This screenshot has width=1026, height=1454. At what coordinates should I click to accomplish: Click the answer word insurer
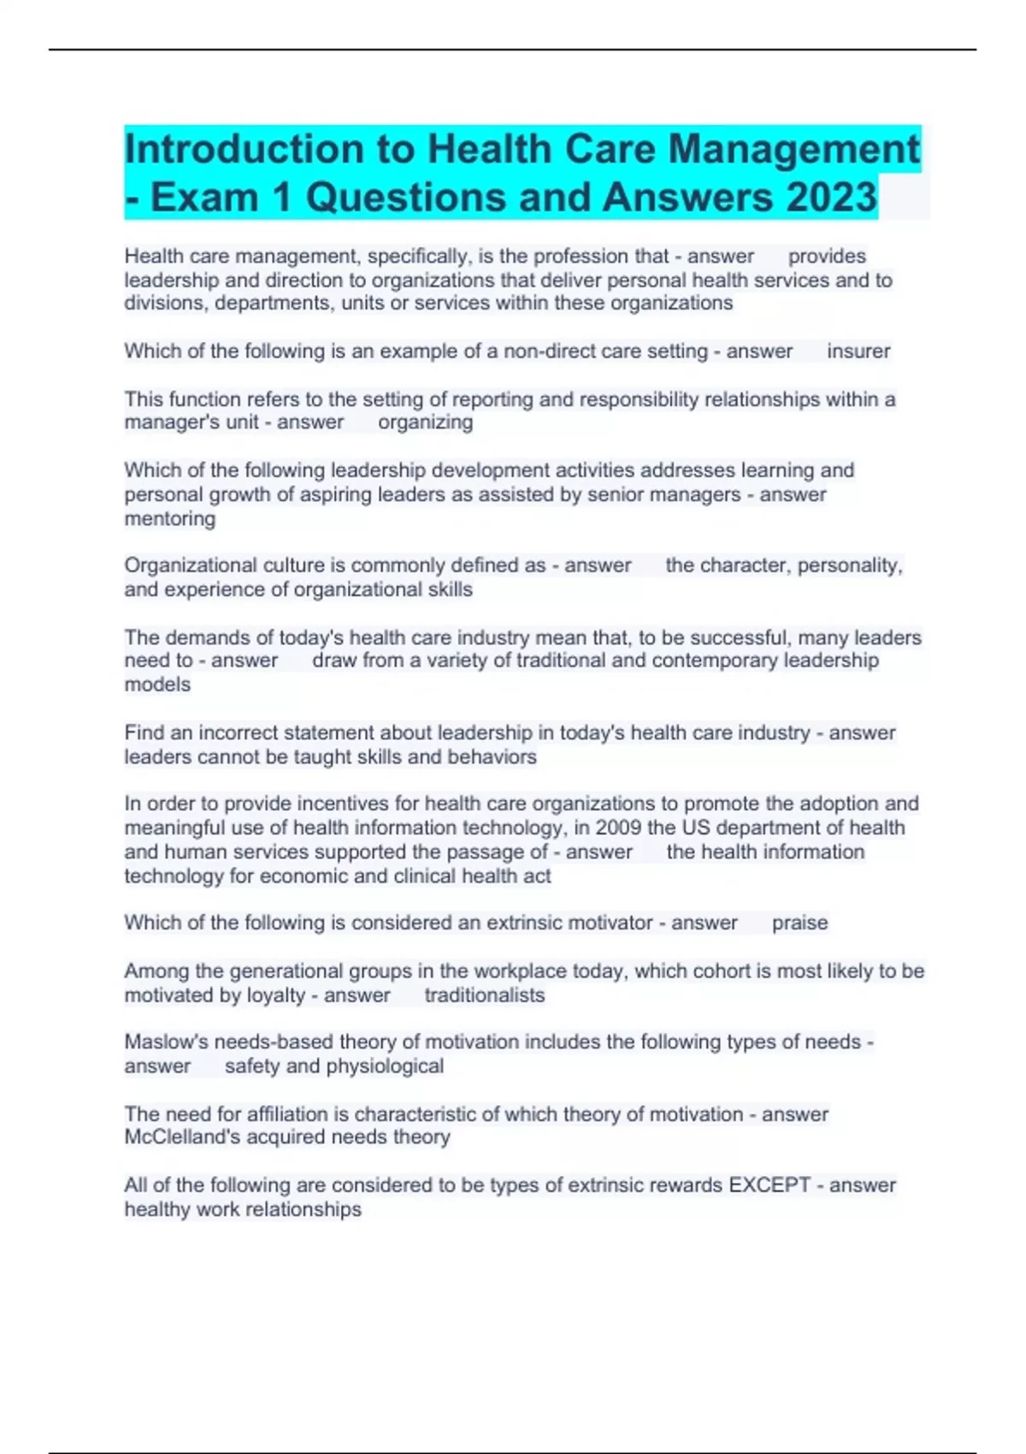[x=858, y=352]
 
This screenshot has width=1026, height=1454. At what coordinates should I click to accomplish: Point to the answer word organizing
[x=425, y=423]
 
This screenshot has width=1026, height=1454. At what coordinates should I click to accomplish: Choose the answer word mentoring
[x=169, y=519]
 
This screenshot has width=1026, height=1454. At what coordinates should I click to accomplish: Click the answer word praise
[x=799, y=923]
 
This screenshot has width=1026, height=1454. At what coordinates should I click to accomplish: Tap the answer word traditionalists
[x=484, y=996]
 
